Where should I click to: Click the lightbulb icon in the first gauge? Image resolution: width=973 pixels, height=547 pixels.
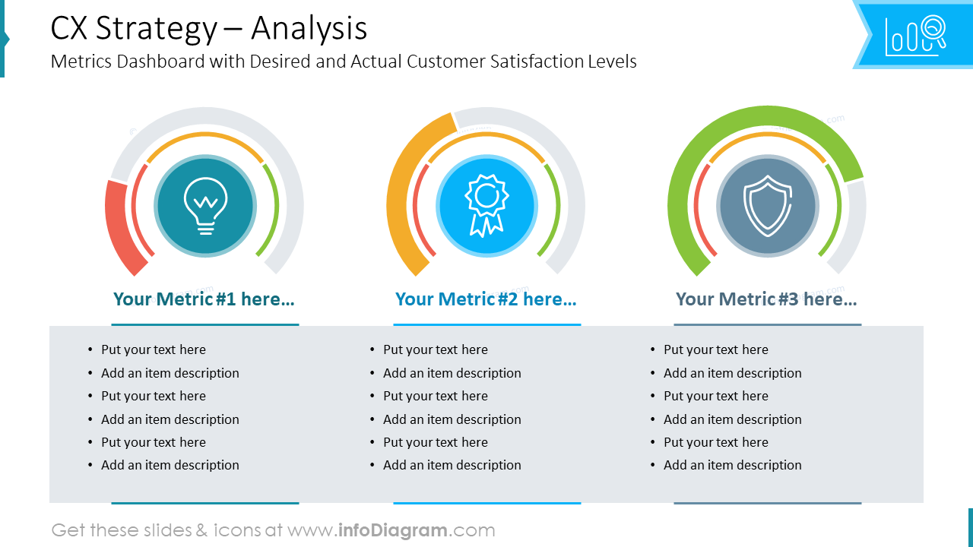[205, 205]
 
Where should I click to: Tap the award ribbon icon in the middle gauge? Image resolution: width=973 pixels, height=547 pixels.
[486, 205]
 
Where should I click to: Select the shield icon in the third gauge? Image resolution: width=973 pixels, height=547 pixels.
[767, 206]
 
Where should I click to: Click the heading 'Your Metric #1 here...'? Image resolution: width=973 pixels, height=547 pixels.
[204, 299]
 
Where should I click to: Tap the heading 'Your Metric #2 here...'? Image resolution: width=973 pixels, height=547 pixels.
[486, 299]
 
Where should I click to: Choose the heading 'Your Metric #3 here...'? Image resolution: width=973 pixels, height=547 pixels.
[766, 299]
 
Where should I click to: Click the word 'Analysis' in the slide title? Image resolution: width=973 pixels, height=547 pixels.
[309, 29]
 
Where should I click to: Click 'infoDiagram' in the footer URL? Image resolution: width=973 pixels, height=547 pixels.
[392, 530]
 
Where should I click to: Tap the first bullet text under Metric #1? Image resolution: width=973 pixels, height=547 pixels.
[154, 349]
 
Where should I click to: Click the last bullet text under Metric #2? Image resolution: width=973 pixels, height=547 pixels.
[452, 465]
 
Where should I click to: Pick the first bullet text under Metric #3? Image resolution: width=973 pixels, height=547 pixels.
[716, 349]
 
